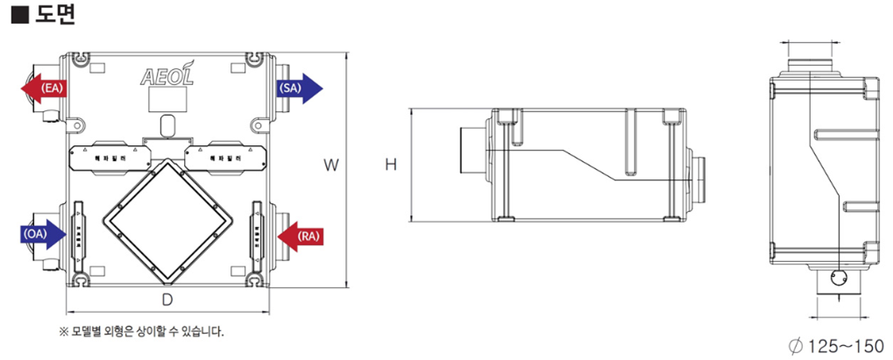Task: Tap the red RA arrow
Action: [x=300, y=236]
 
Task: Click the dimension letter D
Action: [x=166, y=300]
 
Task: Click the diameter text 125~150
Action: [x=845, y=345]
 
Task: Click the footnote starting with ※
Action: [x=141, y=332]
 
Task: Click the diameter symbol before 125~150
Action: [x=796, y=345]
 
